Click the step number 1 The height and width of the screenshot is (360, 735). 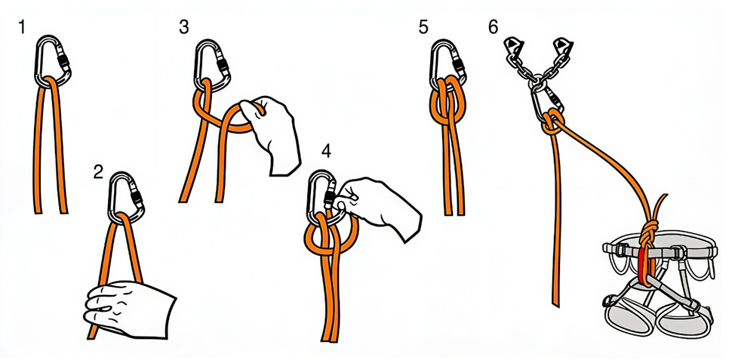[21, 27]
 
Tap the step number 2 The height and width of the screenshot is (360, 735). [98, 173]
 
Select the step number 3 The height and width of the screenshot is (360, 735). [184, 27]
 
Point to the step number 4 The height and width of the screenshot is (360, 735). [326, 151]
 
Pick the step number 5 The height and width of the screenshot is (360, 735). [424, 27]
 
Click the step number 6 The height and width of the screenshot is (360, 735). [493, 27]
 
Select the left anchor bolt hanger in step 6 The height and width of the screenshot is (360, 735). [513, 46]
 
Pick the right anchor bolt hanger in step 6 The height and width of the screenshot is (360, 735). [562, 46]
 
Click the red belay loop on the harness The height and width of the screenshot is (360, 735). [642, 265]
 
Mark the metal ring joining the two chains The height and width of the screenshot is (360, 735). [537, 83]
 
